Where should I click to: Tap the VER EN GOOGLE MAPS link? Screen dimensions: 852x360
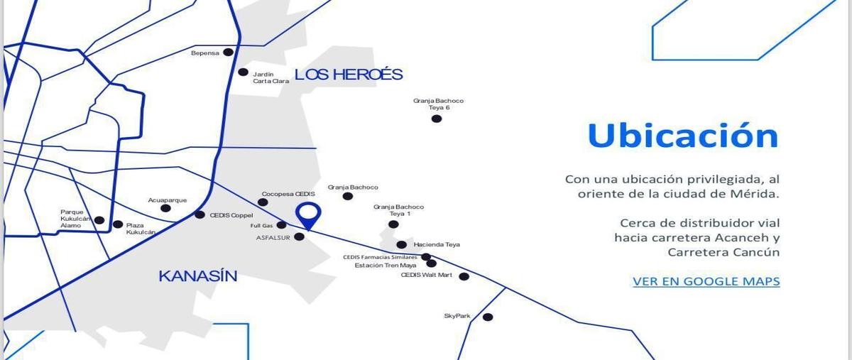click(x=706, y=282)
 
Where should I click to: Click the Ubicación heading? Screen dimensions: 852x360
click(x=683, y=136)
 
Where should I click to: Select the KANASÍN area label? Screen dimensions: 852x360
click(x=198, y=276)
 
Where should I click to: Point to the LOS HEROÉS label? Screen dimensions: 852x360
click(x=349, y=74)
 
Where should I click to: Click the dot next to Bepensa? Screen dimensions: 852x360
click(x=228, y=52)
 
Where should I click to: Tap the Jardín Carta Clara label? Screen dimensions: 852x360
click(x=271, y=77)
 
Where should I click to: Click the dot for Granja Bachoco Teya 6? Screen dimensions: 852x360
click(x=437, y=119)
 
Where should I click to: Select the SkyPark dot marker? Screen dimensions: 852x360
click(x=488, y=317)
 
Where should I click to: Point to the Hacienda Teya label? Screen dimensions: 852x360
click(x=437, y=244)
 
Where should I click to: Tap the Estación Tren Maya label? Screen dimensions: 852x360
click(x=386, y=266)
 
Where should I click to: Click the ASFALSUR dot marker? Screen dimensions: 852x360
click(x=300, y=236)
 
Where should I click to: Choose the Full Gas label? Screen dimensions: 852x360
click(x=261, y=226)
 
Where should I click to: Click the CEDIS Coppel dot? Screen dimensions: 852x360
click(x=200, y=214)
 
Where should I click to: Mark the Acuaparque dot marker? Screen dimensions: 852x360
click(x=165, y=208)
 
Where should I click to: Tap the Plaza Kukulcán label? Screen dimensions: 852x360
click(x=141, y=229)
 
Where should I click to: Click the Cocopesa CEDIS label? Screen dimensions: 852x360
click(x=288, y=194)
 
